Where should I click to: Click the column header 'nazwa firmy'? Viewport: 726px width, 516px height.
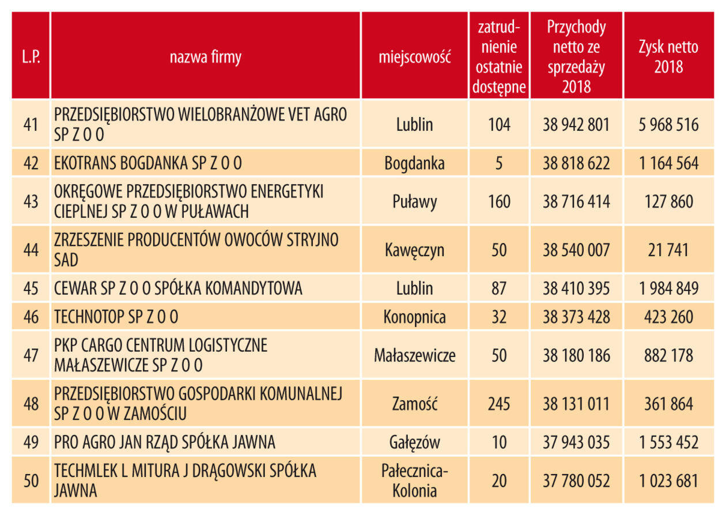coord(205,57)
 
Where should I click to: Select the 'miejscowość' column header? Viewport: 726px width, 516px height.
coord(414,57)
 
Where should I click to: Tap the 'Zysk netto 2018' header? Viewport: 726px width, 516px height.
coord(668,57)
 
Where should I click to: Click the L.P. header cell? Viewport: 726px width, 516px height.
coord(31,57)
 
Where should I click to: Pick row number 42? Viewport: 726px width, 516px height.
coord(31,164)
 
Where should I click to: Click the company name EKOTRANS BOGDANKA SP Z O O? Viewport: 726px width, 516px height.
coord(148,164)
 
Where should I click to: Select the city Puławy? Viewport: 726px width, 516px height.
coord(414,202)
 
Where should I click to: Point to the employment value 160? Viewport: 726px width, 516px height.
coord(499,202)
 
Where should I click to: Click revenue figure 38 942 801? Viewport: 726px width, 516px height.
coord(576,124)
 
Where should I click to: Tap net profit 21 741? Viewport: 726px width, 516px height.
coord(668,250)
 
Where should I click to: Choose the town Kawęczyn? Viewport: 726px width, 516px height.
coord(414,250)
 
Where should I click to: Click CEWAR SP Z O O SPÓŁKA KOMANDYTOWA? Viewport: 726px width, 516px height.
coord(178,288)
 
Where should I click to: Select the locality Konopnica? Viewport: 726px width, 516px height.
coord(414,317)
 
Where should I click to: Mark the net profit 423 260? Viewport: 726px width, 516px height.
coord(668,317)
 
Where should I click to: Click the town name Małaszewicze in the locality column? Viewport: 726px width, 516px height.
coord(414,355)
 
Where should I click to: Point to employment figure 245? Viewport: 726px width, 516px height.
coord(499,404)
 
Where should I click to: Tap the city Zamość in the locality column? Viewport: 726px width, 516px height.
coord(414,404)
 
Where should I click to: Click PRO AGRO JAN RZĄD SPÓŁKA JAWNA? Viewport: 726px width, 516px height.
coord(165,442)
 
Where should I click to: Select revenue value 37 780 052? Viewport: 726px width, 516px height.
coord(576,480)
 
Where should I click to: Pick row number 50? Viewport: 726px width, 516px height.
coord(31,480)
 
